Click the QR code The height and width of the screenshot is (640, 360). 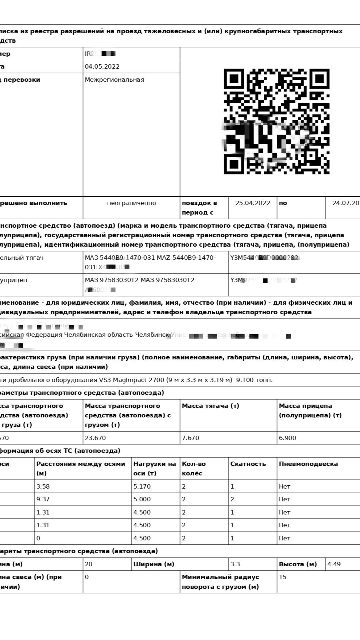coord(276,122)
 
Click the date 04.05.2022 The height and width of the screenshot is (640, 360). coord(102,66)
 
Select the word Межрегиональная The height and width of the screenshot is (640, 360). coord(115,80)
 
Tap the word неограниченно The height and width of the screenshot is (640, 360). coord(131,203)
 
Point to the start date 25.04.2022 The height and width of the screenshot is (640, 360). coord(253,203)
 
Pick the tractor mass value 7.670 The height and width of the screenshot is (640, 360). coord(190,438)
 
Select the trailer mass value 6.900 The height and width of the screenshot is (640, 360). coord(287,438)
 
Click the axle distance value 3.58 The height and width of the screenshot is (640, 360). coord(43,486)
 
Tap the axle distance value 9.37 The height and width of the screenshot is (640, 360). coord(43,499)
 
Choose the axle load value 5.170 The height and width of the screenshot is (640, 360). coord(142,486)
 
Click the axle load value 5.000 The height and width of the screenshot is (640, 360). coord(142,499)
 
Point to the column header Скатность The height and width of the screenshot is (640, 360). coord(248,464)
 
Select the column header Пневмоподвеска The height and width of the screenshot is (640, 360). coord(308,464)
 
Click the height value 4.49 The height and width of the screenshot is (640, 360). coord(334,564)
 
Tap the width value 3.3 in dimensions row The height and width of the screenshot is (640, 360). coord(235,564)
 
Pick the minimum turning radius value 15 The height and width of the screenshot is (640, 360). coord(282,577)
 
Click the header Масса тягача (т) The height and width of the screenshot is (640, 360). coord(210,406)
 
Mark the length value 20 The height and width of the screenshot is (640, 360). coord(89,564)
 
